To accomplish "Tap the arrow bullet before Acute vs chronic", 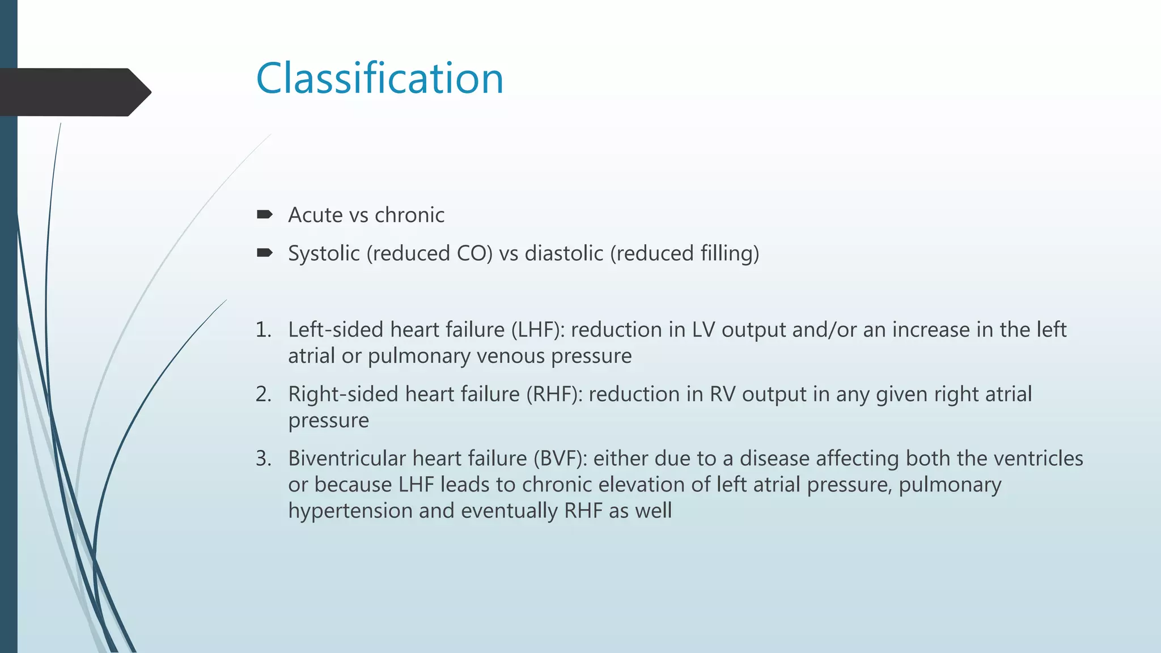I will pyautogui.click(x=265, y=214).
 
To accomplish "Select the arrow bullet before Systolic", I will pyautogui.click(x=265, y=253).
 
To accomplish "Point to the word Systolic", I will pyautogui.click(x=324, y=253).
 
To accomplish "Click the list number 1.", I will pyautogui.click(x=263, y=330).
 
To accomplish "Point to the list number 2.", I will pyautogui.click(x=263, y=395).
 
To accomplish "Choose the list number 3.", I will pyautogui.click(x=263, y=459).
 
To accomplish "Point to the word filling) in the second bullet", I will pyautogui.click(x=730, y=253).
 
